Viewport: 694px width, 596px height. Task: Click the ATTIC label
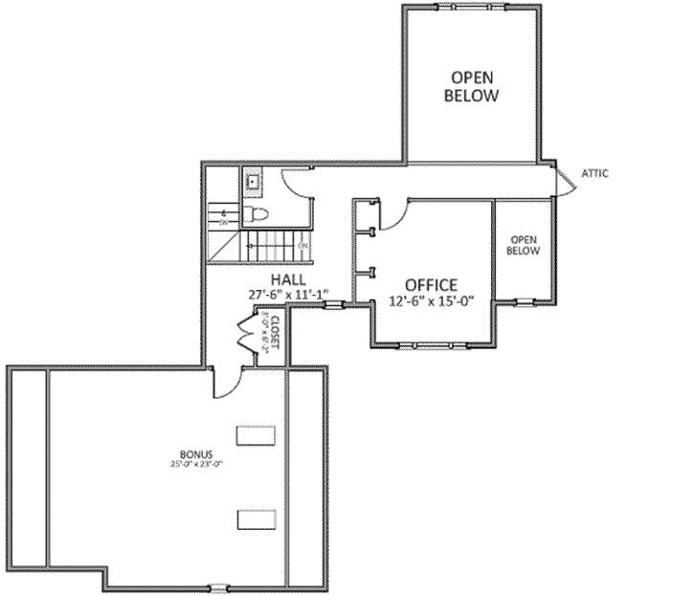click(593, 173)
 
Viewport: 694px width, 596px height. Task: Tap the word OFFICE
click(431, 284)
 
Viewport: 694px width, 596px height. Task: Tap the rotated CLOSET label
click(275, 332)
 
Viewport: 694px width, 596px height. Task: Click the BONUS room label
click(195, 453)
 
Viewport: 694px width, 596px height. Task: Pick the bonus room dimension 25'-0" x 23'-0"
click(195, 465)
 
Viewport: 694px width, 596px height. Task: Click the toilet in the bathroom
click(257, 212)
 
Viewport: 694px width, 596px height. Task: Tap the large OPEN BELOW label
click(472, 86)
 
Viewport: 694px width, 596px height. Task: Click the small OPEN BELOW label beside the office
click(524, 245)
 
